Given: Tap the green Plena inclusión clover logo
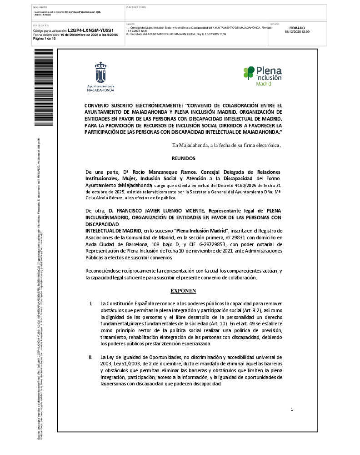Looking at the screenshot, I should pos(249,73).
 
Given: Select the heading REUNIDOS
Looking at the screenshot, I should pos(183,158).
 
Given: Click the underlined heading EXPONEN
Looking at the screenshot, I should pos(183,290).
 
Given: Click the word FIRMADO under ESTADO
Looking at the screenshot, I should pos(297,28).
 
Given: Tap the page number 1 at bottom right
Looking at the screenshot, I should pos(292,409).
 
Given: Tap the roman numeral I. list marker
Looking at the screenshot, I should pos(91,303).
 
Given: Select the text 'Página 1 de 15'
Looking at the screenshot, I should pos(45,39).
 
